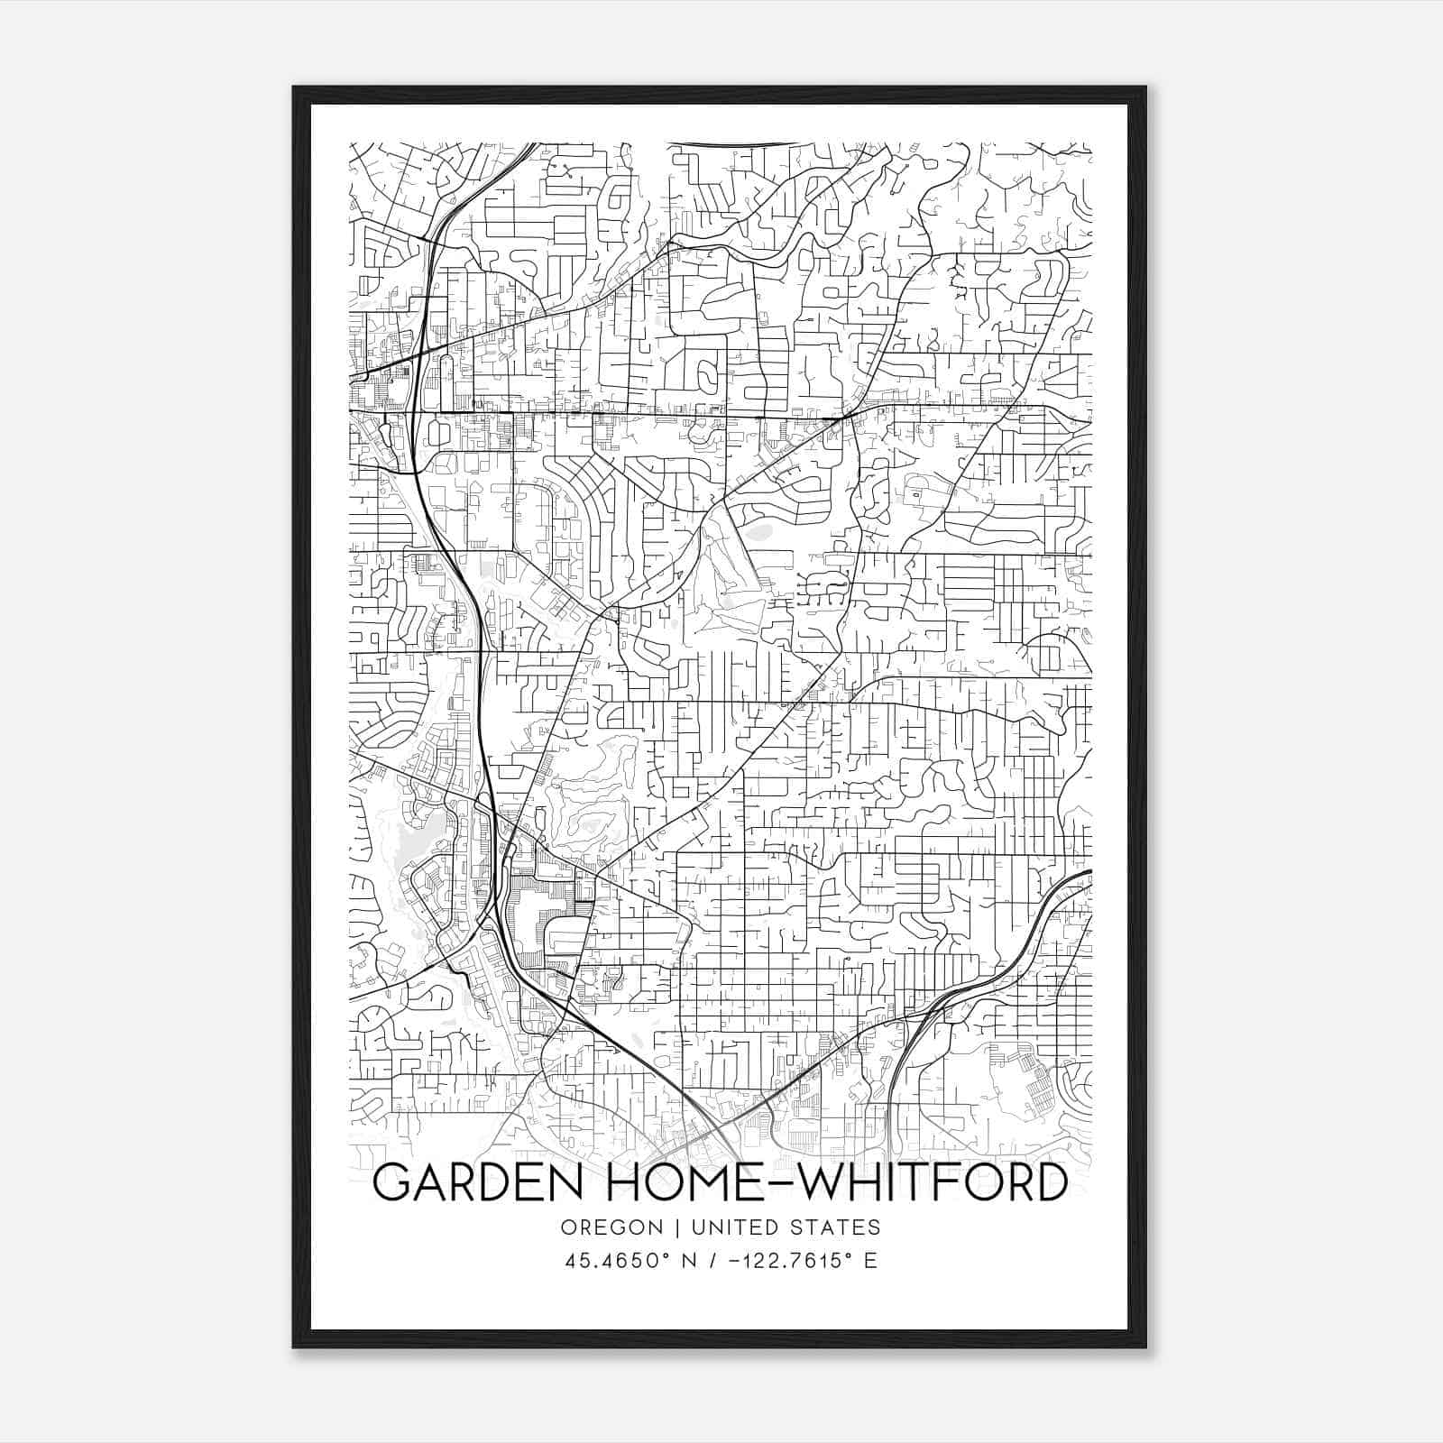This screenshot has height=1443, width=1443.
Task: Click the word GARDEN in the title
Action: click(477, 1182)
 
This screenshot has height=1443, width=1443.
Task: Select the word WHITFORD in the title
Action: click(933, 1182)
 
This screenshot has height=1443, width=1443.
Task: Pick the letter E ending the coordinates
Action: click(870, 1261)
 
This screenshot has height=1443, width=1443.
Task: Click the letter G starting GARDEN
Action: click(393, 1182)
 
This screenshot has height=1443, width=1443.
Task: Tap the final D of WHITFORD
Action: click(1050, 1182)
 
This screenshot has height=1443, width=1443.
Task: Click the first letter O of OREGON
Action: click(567, 1227)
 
